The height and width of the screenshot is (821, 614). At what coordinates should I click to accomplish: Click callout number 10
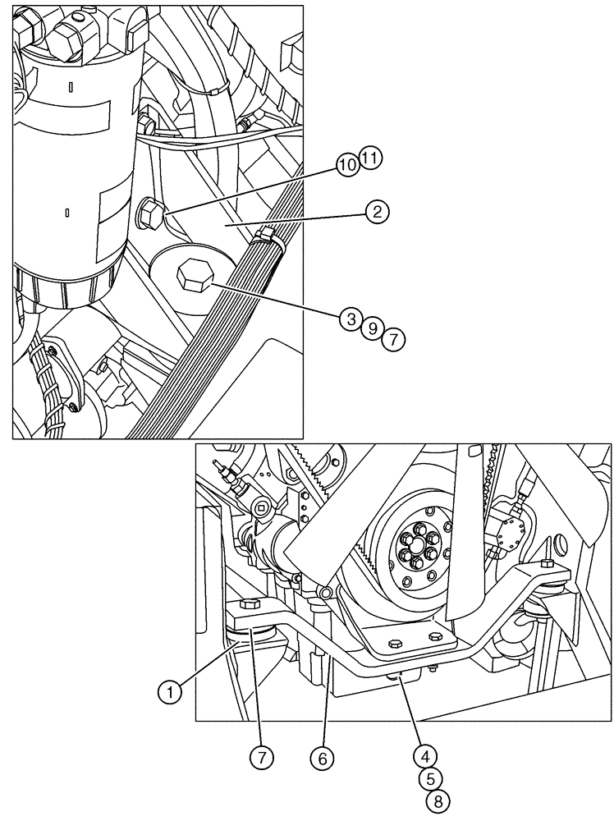[x=347, y=165]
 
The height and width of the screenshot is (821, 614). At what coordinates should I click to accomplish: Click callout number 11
[x=370, y=158]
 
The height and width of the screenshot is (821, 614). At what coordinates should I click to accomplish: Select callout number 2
[x=377, y=213]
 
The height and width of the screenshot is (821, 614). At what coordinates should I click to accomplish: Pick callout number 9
[x=372, y=329]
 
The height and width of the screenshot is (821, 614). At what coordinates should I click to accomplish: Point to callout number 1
[x=169, y=692]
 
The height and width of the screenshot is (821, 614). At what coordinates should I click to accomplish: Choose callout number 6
[x=322, y=759]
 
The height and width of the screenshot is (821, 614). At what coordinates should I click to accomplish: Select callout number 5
[x=430, y=777]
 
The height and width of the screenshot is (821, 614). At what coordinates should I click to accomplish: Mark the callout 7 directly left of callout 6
[x=261, y=759]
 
